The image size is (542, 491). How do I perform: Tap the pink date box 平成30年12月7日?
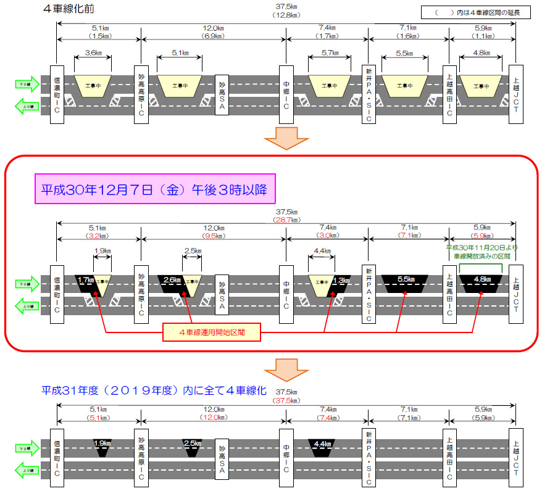(154, 190)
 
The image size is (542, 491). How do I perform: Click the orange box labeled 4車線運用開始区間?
(212, 333)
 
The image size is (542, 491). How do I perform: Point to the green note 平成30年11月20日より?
(482, 247)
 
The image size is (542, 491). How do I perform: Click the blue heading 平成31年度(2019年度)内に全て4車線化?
(154, 391)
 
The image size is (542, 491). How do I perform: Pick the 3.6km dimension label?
(93, 54)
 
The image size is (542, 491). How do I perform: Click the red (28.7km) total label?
(286, 220)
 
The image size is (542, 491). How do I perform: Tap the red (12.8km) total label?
(286, 15)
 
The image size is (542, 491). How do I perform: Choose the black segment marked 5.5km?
(406, 281)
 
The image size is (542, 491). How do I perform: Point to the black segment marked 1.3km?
(341, 282)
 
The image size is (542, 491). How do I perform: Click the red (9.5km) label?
(214, 235)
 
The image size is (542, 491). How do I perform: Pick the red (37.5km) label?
(286, 400)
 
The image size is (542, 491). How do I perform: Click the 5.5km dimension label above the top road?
(404, 54)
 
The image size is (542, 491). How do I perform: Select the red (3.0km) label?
(327, 235)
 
